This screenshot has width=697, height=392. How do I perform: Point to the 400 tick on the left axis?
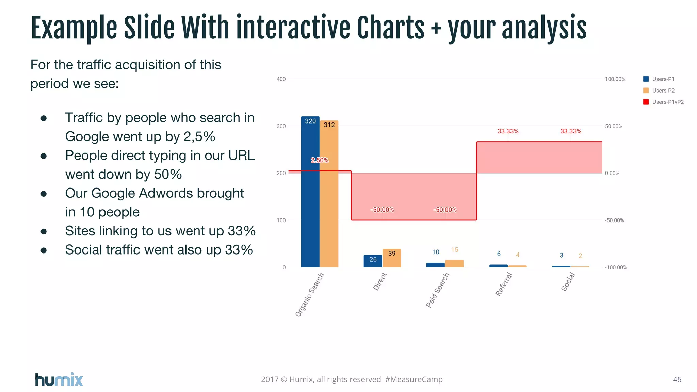(x=281, y=79)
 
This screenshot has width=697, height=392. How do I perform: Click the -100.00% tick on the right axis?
(x=616, y=267)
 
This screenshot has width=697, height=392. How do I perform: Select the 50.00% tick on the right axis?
(x=613, y=126)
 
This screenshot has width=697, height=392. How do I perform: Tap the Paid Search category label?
(x=438, y=290)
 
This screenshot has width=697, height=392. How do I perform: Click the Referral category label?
(x=504, y=284)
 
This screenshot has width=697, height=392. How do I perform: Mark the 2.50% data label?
(x=319, y=160)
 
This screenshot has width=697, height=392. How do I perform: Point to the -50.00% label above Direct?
(x=382, y=210)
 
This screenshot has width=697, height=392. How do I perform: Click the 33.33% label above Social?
(x=571, y=131)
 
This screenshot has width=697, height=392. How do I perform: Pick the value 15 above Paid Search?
(x=454, y=250)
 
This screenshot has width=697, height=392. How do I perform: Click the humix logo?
(x=59, y=379)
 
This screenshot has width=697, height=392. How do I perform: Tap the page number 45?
(x=677, y=380)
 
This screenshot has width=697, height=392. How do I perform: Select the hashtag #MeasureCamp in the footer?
(x=414, y=379)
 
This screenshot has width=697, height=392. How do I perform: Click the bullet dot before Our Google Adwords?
(x=44, y=194)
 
